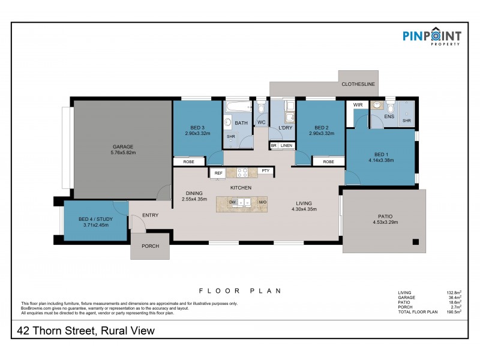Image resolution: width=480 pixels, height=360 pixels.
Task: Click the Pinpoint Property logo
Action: pyautogui.click(x=432, y=37)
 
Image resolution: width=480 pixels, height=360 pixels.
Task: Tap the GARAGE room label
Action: pyautogui.click(x=123, y=147)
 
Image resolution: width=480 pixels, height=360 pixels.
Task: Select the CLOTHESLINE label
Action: pyautogui.click(x=358, y=85)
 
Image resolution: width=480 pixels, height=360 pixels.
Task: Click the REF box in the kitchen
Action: pyautogui.click(x=218, y=173)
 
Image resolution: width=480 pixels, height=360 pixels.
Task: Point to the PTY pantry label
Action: pyautogui.click(x=265, y=171)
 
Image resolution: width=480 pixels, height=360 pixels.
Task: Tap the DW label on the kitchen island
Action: pyautogui.click(x=233, y=203)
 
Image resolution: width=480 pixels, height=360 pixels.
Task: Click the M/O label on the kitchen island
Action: pyautogui.click(x=262, y=203)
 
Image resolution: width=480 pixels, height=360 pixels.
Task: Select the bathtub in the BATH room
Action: pyautogui.click(x=237, y=107)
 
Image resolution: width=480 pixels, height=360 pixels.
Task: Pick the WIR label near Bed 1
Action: pyautogui.click(x=358, y=105)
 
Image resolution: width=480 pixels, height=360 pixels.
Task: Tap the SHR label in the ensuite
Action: pyautogui.click(x=406, y=121)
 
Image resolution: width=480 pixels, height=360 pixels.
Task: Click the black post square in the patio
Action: pyautogui.click(x=415, y=242)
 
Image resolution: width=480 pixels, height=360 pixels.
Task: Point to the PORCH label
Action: pyautogui.click(x=150, y=246)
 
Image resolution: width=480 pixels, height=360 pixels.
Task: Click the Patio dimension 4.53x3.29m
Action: pyautogui.click(x=385, y=222)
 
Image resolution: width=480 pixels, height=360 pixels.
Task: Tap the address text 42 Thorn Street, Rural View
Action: pyautogui.click(x=85, y=331)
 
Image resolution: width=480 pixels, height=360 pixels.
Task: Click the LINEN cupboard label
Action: pyautogui.click(x=287, y=146)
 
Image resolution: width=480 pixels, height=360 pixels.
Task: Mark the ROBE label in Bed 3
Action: pyautogui.click(x=188, y=161)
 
